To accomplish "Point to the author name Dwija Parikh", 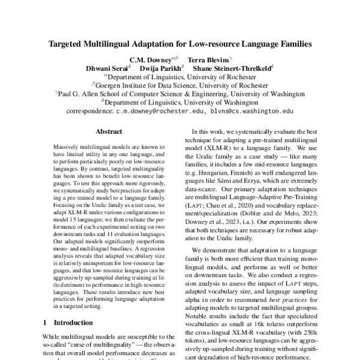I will coord(160,68).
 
